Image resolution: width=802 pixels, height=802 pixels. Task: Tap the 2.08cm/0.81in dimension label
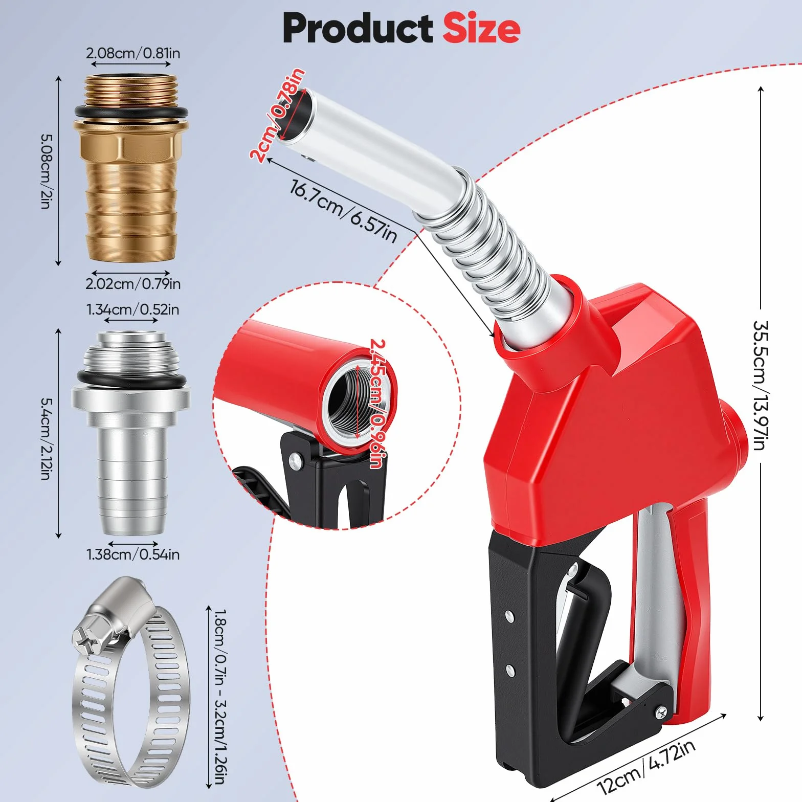tap(133, 53)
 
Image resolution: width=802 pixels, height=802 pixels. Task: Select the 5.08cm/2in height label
tap(47, 171)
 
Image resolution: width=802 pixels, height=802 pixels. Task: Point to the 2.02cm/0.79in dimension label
tap(133, 283)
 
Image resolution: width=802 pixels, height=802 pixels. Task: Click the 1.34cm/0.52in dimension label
tap(132, 309)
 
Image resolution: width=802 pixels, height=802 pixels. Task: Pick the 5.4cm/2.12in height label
tap(47, 439)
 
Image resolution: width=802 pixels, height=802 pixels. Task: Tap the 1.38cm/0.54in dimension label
tap(133, 554)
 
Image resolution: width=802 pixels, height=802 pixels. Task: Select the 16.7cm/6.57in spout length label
tap(343, 211)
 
